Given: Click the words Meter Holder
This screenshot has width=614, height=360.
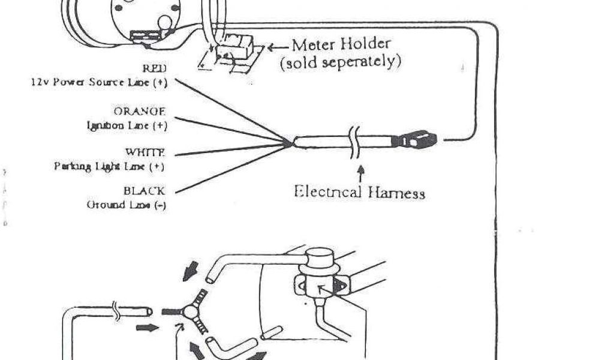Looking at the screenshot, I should point(341,44).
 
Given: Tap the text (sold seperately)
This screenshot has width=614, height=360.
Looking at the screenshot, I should point(340,62).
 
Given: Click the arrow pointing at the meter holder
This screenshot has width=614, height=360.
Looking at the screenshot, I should point(277,47).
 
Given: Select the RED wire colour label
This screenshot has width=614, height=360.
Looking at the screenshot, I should point(153,70).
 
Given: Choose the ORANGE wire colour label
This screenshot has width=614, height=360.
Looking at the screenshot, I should point(139,112).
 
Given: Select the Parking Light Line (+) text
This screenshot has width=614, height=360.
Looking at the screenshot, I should point(109,166).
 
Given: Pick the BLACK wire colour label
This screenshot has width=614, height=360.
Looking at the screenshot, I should point(144,191).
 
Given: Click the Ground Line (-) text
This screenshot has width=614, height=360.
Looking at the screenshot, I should point(127,205).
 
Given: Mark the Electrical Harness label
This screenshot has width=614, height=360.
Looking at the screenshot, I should point(359,192).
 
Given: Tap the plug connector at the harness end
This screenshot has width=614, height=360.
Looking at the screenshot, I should point(420,140).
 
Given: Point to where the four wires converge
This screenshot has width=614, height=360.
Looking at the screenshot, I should point(290,143).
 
